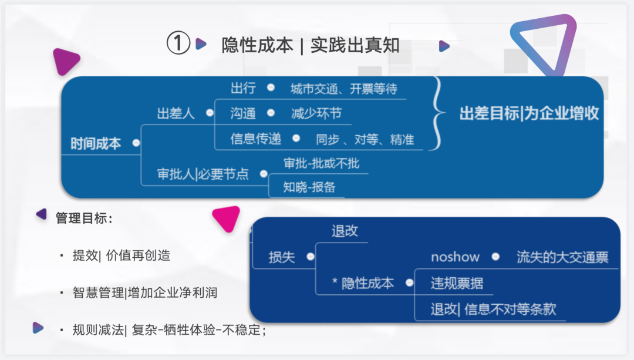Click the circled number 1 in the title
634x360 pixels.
[x=178, y=45]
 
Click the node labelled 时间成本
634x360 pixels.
[x=96, y=143]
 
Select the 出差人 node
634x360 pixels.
[x=176, y=114]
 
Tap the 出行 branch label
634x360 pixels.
[x=243, y=88]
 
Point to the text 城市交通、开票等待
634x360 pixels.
[x=343, y=89]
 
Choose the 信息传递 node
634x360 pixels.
[x=256, y=139]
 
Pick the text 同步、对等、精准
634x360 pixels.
[x=365, y=140]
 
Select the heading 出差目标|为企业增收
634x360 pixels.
[x=529, y=114]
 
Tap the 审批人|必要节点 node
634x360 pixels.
[x=203, y=174]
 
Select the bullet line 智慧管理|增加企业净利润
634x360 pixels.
[x=144, y=292]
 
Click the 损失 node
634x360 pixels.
[x=282, y=257]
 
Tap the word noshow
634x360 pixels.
[x=455, y=257]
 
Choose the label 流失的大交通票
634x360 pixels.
[x=562, y=257]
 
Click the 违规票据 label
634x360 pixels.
[x=457, y=283]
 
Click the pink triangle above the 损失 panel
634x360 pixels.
[x=227, y=218]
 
